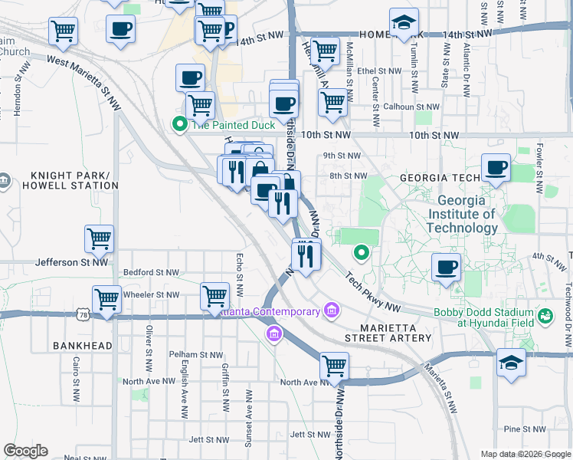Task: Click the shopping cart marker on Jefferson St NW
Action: [x=100, y=238]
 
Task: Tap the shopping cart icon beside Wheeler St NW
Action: [x=106, y=299]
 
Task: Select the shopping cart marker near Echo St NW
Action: [x=215, y=296]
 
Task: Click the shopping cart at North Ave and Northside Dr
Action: [x=334, y=366]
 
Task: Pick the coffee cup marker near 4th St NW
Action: [x=446, y=268]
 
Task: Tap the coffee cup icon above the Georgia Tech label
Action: [x=496, y=167]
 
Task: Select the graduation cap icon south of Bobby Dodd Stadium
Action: [x=511, y=362]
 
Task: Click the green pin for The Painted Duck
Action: [x=179, y=123]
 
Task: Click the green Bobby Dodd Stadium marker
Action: [x=545, y=316]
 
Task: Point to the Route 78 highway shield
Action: [x=83, y=314]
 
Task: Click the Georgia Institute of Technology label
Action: [x=462, y=214]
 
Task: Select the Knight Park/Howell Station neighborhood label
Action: [x=70, y=179]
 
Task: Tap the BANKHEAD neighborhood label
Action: [x=83, y=347]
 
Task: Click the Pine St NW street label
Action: [x=522, y=429]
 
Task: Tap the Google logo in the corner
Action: [x=25, y=451]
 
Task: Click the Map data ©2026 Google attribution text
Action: [x=525, y=454]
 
